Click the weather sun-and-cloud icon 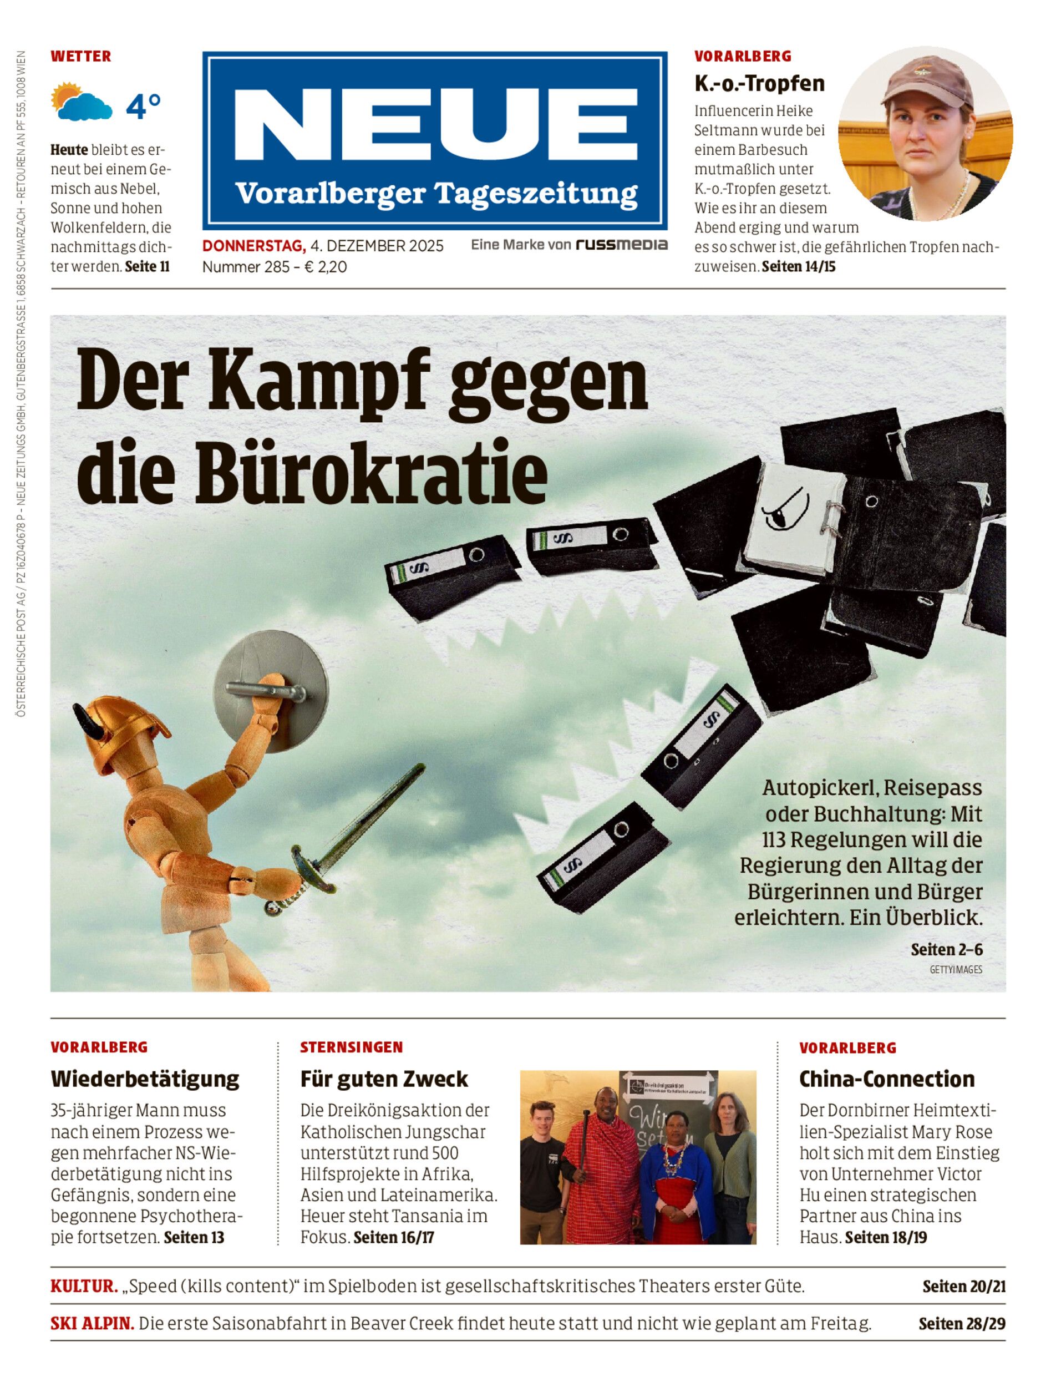point(81,102)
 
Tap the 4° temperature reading point(143,107)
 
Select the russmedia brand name point(621,245)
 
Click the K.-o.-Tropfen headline point(759,84)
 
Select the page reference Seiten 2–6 point(946,949)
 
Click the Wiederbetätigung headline point(145,1079)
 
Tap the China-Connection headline point(886,1079)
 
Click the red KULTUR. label point(84,1287)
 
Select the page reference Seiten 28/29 point(961,1324)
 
